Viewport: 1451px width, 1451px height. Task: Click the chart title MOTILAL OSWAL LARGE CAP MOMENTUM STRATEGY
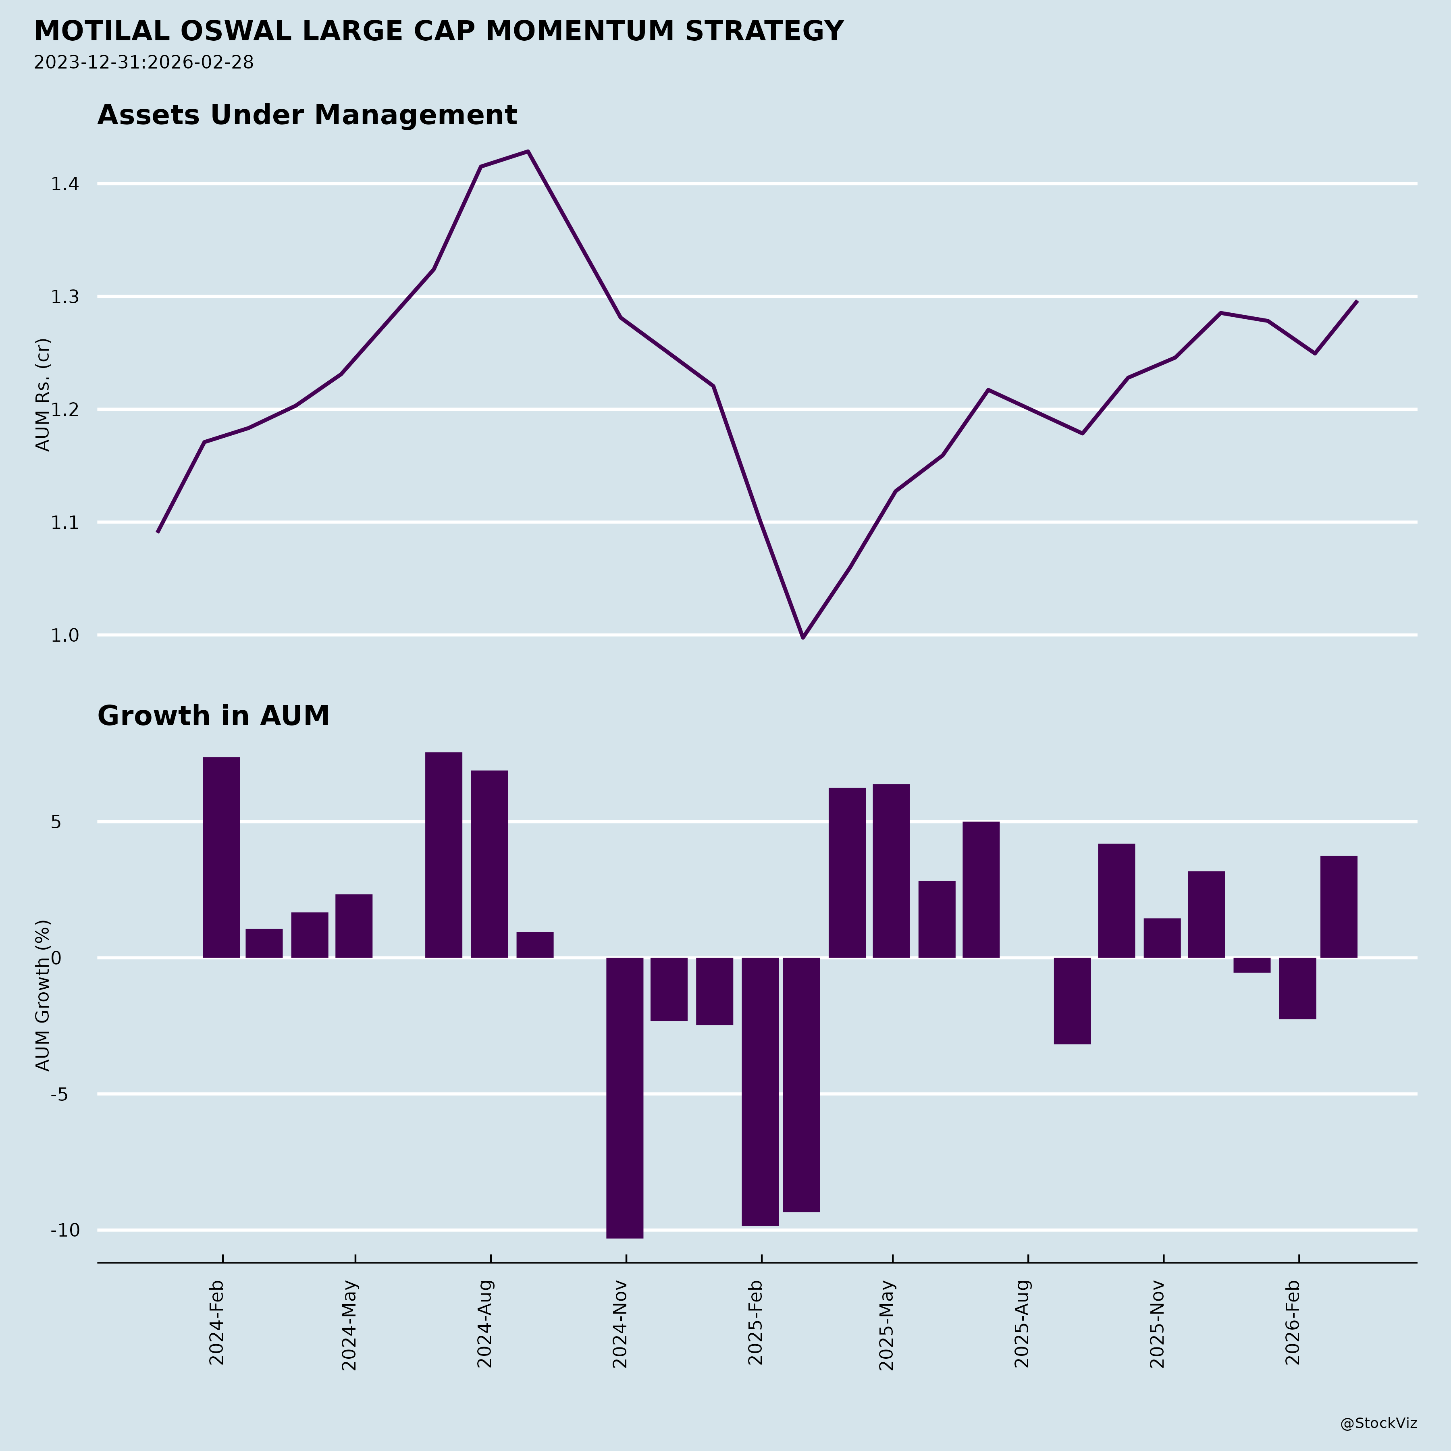tap(439, 31)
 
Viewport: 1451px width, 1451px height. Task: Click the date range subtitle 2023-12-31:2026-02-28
tap(143, 62)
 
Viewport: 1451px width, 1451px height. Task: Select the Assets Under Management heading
tap(307, 115)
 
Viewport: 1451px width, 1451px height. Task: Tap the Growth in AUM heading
tap(213, 716)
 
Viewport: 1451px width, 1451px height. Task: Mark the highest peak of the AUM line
tap(528, 152)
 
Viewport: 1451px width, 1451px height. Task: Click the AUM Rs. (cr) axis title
tap(44, 394)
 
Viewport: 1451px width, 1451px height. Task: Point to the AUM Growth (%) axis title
tap(44, 995)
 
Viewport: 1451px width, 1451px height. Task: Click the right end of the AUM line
tap(1356, 301)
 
